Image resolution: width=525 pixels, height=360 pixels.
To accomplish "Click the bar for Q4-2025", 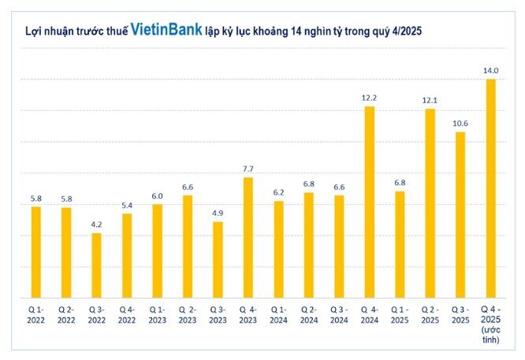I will pyautogui.click(x=491, y=188).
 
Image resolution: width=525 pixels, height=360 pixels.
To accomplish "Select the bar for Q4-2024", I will pyautogui.click(x=369, y=202).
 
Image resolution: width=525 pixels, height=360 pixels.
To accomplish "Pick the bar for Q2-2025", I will pyautogui.click(x=430, y=202).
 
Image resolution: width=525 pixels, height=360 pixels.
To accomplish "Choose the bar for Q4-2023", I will pyautogui.click(x=248, y=237).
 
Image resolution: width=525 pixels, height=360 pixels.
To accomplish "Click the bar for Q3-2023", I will pyautogui.click(x=218, y=259).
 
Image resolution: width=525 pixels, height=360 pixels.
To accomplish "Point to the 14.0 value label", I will pyautogui.click(x=491, y=70).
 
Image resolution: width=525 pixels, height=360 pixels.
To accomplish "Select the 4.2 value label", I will pyautogui.click(x=96, y=224).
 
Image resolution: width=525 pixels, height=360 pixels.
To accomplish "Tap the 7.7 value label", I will pyautogui.click(x=248, y=169).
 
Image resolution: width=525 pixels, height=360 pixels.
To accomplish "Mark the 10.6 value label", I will pyautogui.click(x=460, y=123).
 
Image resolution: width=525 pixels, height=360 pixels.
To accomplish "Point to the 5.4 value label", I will pyautogui.click(x=127, y=205).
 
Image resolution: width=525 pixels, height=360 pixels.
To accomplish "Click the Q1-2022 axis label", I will pyautogui.click(x=35, y=315).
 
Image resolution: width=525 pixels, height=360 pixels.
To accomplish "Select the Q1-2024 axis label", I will pyautogui.click(x=278, y=315).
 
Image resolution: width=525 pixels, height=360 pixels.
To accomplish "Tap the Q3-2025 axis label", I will pyautogui.click(x=460, y=315).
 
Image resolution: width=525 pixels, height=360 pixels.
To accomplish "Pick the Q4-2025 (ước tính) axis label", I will pyautogui.click(x=491, y=324).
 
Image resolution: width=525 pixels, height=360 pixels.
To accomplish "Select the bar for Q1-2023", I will pyautogui.click(x=157, y=251).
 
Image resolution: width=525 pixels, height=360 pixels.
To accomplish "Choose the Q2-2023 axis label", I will pyautogui.click(x=188, y=315).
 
